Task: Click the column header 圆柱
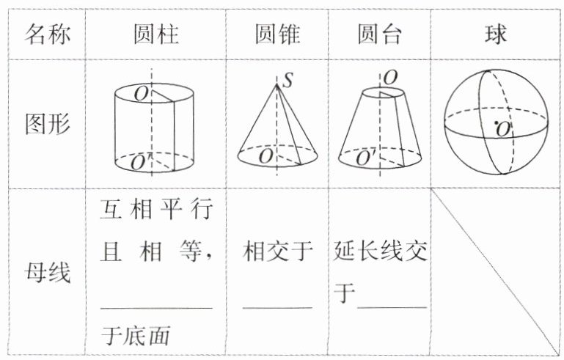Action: pos(155,34)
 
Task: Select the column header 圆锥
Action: pos(277,34)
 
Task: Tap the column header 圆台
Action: pos(379,34)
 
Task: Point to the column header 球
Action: pos(496,34)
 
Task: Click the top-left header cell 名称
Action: pos(48,34)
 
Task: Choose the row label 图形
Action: pos(48,123)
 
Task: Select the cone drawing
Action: pos(277,125)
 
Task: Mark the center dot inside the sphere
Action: pos(497,122)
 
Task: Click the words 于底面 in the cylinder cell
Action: pos(136,336)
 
